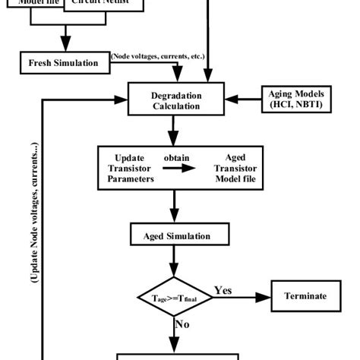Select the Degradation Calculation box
[177, 99]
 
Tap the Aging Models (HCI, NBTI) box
[295, 98]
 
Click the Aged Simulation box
[177, 236]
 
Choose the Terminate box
[305, 295]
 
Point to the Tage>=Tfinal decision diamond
[176, 296]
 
